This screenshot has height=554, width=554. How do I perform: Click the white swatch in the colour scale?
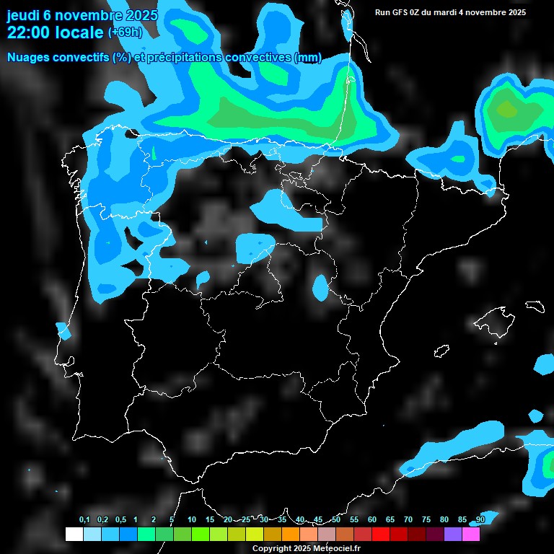pyautogui.click(x=74, y=534)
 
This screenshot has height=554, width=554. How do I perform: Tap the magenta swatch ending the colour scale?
pyautogui.click(x=471, y=534)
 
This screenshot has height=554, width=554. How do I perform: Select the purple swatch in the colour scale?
pyautogui.click(x=453, y=534)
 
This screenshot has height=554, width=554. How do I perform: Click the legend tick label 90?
pyautogui.click(x=480, y=520)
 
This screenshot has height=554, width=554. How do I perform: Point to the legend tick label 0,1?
pyautogui.click(x=84, y=520)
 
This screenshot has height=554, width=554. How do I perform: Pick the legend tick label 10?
pyautogui.click(x=191, y=520)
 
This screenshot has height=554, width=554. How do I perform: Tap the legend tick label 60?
pyautogui.click(x=372, y=520)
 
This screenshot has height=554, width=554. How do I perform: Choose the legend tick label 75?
pyautogui.click(x=426, y=520)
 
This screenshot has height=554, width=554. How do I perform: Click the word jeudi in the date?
pyautogui.click(x=23, y=15)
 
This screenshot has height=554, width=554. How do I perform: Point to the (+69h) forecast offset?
pyautogui.click(x=125, y=32)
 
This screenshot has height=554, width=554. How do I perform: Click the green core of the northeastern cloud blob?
pyautogui.click(x=508, y=109)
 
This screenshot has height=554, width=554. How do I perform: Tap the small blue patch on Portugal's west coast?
pyautogui.click(x=64, y=331)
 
